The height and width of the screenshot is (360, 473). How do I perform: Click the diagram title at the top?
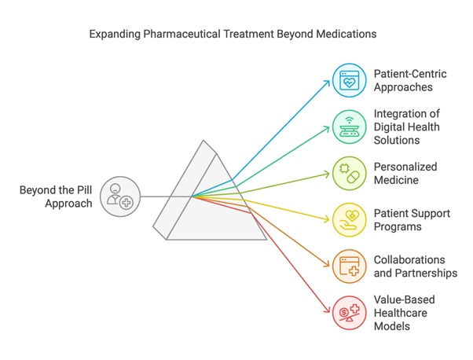[x=236, y=35]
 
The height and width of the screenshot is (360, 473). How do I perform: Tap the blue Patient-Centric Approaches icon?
[x=347, y=80]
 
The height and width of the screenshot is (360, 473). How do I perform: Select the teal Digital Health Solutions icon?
[x=347, y=126]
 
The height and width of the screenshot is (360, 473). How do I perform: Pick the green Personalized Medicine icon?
[x=347, y=171]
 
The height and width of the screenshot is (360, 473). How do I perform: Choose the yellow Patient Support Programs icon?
[x=347, y=219]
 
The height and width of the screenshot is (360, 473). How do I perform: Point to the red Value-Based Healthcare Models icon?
[x=347, y=311]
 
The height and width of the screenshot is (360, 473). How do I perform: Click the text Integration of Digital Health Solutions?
[x=409, y=126]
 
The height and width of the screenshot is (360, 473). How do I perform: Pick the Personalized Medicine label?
[x=407, y=173]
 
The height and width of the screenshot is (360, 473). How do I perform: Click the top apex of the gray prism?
[x=204, y=141]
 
